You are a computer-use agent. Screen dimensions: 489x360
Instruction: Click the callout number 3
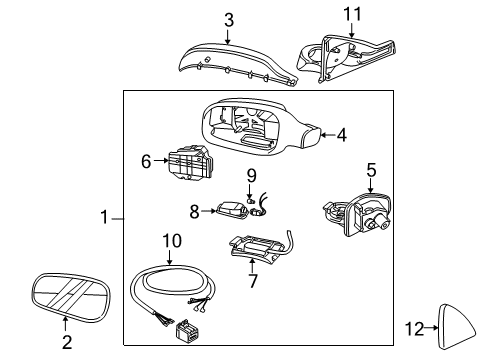(229, 20)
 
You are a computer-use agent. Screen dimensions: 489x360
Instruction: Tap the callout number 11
(352, 14)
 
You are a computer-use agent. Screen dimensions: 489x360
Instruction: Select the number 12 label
(414, 329)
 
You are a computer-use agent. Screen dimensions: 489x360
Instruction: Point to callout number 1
(104, 217)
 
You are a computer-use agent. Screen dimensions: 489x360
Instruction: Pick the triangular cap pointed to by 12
(457, 327)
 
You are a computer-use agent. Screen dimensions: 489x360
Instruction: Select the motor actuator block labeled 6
(189, 162)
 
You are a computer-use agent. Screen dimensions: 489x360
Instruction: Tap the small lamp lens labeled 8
(232, 210)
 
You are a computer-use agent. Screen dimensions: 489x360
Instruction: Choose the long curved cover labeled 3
(237, 63)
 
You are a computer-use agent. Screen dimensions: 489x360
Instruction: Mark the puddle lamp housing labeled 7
(257, 248)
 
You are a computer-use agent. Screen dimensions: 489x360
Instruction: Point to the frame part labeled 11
(347, 59)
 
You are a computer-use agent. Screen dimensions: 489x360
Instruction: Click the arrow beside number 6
(162, 160)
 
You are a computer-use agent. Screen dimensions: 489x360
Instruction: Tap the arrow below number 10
(169, 258)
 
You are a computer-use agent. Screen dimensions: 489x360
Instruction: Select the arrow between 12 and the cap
(432, 328)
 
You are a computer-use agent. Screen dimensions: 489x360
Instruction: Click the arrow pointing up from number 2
(65, 324)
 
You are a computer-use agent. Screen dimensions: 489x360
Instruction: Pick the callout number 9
(251, 176)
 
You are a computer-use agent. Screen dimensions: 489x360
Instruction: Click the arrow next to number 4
(328, 135)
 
